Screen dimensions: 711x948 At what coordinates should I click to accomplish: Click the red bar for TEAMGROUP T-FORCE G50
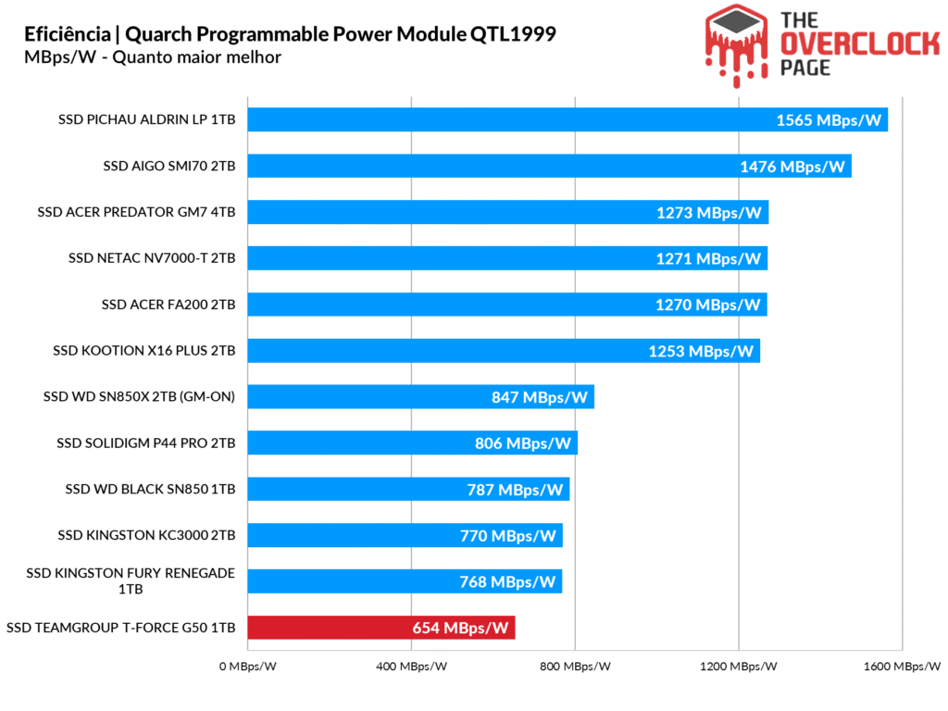(380, 629)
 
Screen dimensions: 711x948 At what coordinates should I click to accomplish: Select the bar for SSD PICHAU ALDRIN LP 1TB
(568, 119)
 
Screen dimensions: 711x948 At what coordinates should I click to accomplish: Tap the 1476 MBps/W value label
(792, 167)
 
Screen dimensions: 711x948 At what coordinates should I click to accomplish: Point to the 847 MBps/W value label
(540, 397)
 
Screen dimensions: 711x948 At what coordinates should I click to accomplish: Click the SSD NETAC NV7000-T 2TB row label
(152, 258)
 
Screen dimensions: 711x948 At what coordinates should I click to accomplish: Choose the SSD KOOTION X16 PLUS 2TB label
(144, 351)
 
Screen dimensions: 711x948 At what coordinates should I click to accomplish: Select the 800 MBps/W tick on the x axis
(575, 667)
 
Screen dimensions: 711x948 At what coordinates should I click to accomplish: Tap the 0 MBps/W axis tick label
(249, 667)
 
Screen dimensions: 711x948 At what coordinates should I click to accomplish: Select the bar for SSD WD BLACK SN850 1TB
(408, 490)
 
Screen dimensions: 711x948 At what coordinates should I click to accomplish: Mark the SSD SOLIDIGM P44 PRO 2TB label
(146, 443)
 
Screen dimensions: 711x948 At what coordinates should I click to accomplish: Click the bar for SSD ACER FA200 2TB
(507, 305)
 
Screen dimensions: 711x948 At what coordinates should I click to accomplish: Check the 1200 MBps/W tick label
(738, 667)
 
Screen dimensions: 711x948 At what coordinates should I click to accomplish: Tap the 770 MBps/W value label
(508, 536)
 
